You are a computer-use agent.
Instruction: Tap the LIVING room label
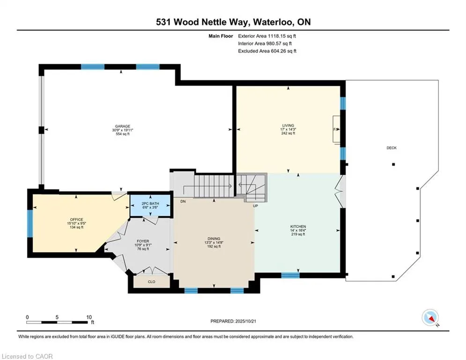pos(288,126)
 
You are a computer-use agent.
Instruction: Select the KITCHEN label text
pos(297,226)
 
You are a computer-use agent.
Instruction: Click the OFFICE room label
pos(76,219)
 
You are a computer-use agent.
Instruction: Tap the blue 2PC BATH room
pos(150,205)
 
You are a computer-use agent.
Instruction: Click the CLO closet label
pos(151,282)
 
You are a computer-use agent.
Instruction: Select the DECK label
pos(392,148)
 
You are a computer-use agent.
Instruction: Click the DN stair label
pos(183,201)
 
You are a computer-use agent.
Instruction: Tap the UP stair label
pos(255,206)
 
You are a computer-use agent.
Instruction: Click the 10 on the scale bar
pos(89,316)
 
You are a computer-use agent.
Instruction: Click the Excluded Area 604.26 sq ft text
pos(267,51)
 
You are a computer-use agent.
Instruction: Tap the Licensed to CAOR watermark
pos(28,356)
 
